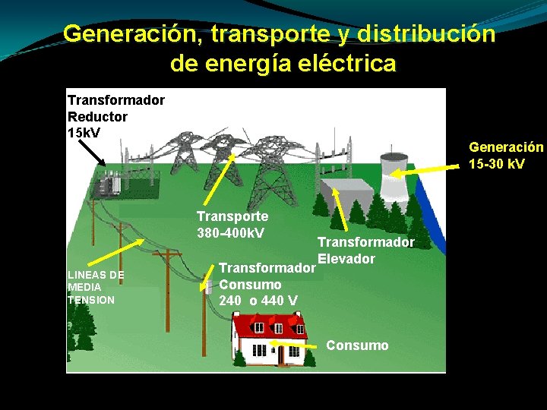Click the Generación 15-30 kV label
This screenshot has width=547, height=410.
(506, 155)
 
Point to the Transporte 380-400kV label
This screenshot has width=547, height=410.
(232, 224)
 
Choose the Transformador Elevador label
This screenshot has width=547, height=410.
(365, 250)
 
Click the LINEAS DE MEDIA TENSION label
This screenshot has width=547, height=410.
(96, 287)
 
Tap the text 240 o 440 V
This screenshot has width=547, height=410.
(258, 301)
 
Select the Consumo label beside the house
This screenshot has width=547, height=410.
(357, 345)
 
